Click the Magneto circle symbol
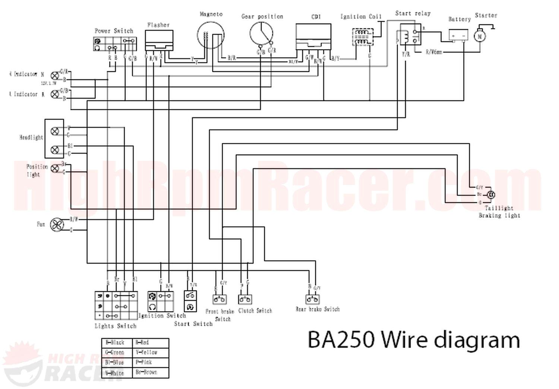point(211,36)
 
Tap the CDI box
point(313,36)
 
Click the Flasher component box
point(159,40)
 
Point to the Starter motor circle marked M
point(480,36)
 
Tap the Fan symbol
point(57,224)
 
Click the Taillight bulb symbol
point(491,194)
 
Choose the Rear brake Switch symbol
point(313,299)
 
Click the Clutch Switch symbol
point(245,299)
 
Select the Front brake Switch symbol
point(220,299)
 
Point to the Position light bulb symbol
point(54,169)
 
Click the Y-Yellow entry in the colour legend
point(146,352)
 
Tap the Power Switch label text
point(114,31)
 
